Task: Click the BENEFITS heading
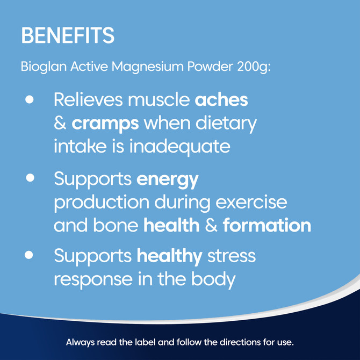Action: coord(68,35)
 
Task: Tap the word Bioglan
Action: coord(39,68)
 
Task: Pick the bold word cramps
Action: coord(105,123)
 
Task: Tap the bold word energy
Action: coord(167,180)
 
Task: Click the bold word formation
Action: coord(267,225)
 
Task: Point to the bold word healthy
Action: coord(169,256)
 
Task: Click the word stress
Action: coord(232,256)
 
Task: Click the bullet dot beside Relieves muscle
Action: coord(30,100)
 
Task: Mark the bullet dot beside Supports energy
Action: coord(30,177)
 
